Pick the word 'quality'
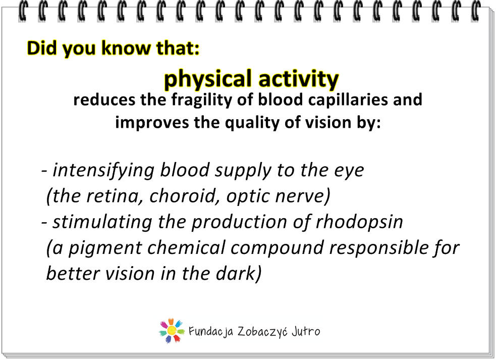click(x=252, y=123)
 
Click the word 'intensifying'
click(x=103, y=171)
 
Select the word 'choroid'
click(x=185, y=196)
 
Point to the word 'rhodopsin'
click(x=359, y=222)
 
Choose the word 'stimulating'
click(x=102, y=222)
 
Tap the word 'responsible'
click(x=380, y=248)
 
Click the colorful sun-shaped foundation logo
click(x=172, y=331)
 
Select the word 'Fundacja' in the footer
click(x=211, y=332)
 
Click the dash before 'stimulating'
click(x=44, y=223)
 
